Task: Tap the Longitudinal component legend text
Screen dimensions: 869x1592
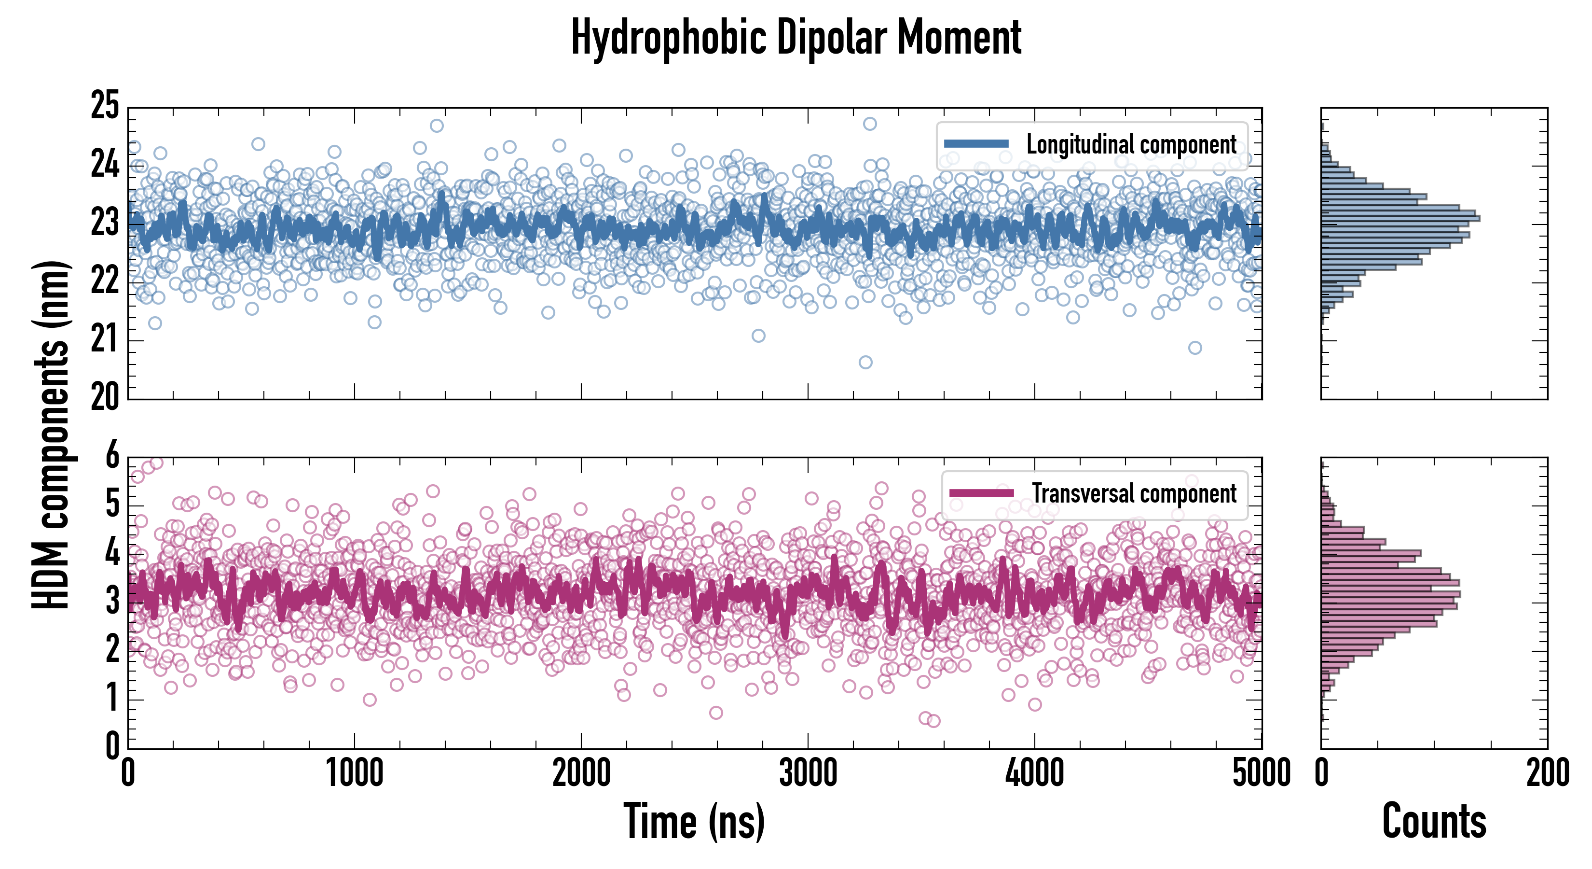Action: (x=1131, y=145)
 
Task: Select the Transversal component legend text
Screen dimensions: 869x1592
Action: (x=1134, y=493)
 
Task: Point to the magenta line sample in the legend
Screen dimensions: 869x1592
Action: (x=981, y=493)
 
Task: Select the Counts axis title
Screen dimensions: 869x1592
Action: (x=1434, y=821)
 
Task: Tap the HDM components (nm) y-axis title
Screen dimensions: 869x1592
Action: (x=51, y=435)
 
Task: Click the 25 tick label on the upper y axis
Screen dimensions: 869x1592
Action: (x=105, y=106)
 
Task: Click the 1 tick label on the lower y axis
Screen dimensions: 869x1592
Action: (x=112, y=699)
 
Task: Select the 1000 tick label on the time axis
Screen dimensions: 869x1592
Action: (x=355, y=773)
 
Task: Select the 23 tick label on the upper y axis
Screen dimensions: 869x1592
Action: (x=105, y=223)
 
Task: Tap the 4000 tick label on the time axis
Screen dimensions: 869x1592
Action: (x=1034, y=773)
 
